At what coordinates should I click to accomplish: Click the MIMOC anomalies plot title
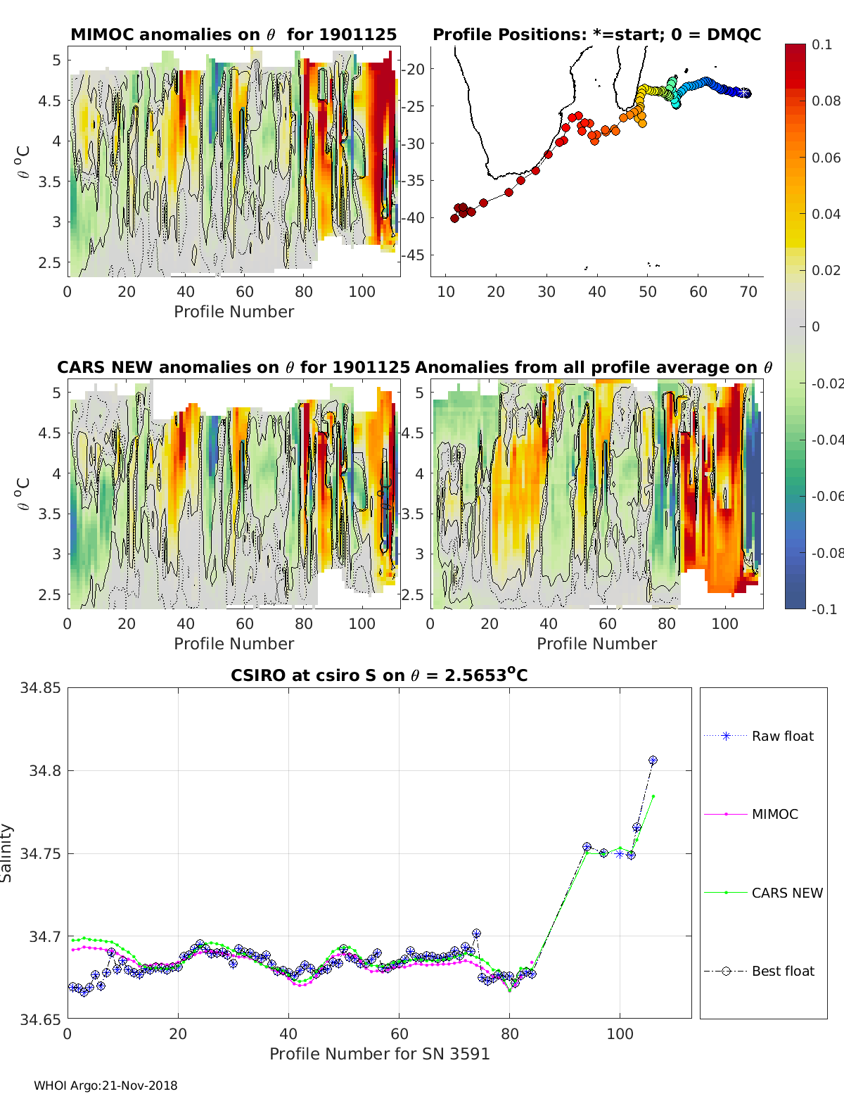pyautogui.click(x=234, y=34)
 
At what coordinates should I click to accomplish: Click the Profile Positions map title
pyautogui.click(x=596, y=34)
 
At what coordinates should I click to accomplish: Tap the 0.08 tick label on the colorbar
pyautogui.click(x=826, y=101)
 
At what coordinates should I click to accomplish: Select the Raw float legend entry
pyautogui.click(x=782, y=736)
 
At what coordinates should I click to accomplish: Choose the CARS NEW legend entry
pyautogui.click(x=786, y=893)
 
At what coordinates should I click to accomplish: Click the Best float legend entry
pyautogui.click(x=782, y=971)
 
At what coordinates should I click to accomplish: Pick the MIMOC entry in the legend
pyautogui.click(x=774, y=814)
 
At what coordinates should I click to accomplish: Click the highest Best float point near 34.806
pyautogui.click(x=653, y=760)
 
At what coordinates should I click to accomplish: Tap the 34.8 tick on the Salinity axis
pyautogui.click(x=44, y=770)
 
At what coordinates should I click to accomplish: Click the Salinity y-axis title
pyautogui.click(x=7, y=853)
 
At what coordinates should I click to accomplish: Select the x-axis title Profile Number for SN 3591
pyautogui.click(x=379, y=1053)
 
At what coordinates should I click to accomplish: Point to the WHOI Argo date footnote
pyautogui.click(x=105, y=1085)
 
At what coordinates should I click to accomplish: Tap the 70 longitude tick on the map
pyautogui.click(x=748, y=291)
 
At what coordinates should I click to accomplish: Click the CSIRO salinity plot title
pyautogui.click(x=379, y=675)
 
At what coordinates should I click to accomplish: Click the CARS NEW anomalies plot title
pyautogui.click(x=233, y=367)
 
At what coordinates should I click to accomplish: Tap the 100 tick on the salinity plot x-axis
pyautogui.click(x=620, y=1033)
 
